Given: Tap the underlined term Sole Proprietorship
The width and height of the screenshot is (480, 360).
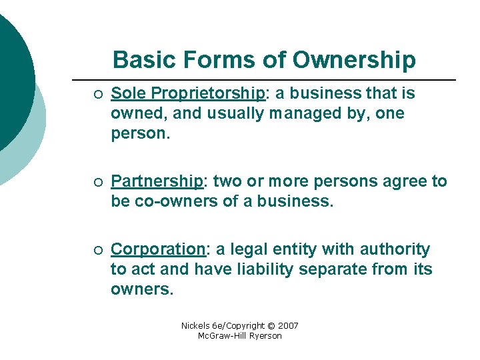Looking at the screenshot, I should (187, 93).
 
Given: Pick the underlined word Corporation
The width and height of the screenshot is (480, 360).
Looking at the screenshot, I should (157, 249).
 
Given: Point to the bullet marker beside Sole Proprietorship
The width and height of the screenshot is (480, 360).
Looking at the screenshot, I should (97, 93).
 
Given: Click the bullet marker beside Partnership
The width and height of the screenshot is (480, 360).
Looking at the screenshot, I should (97, 181).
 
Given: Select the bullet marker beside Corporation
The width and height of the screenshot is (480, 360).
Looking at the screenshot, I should (97, 250).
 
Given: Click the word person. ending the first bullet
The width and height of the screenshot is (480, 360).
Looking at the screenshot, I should (141, 133).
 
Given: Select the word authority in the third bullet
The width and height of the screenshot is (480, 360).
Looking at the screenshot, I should (395, 249).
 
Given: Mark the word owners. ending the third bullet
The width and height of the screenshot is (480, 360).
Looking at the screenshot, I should (141, 290).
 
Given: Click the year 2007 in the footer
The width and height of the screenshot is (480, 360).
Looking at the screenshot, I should (287, 326).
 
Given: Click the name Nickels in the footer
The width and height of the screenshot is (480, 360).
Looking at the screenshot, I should (196, 326).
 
